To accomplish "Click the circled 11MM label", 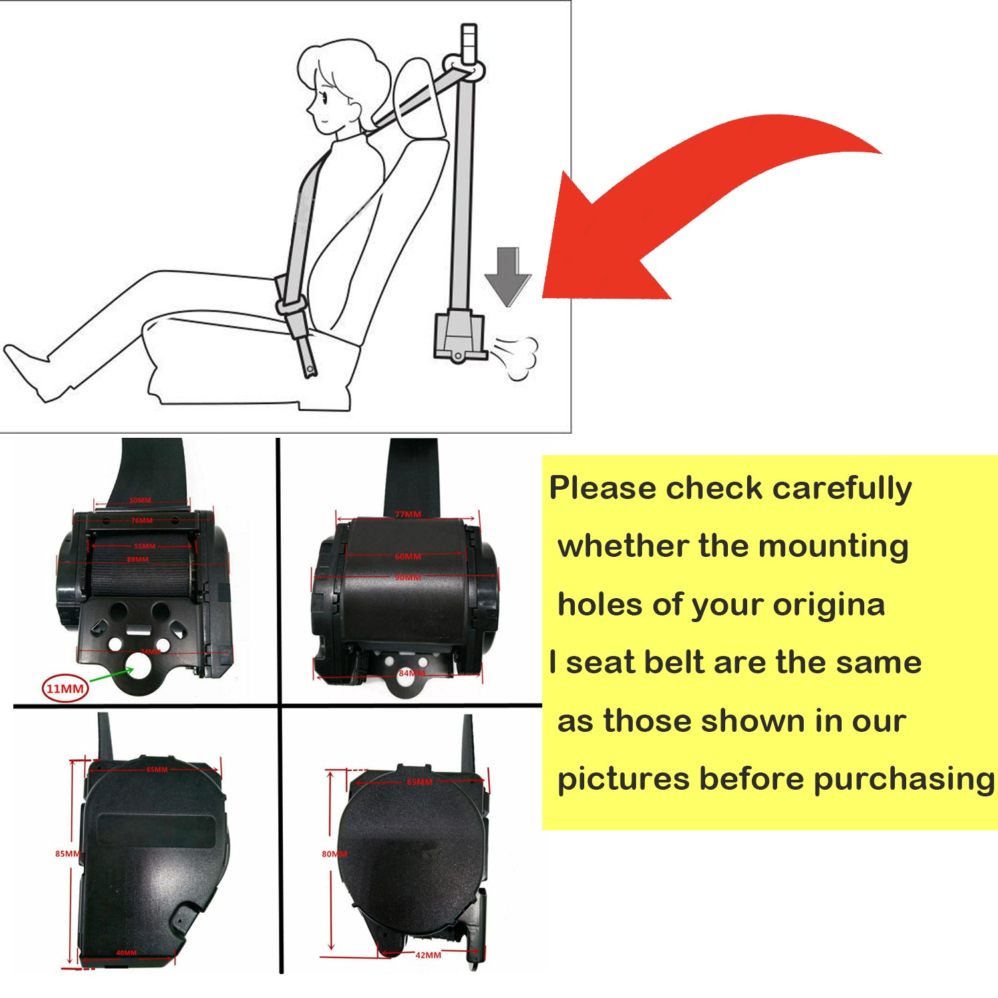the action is pyautogui.click(x=65, y=688).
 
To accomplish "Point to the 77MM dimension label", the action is pyautogui.click(x=408, y=514).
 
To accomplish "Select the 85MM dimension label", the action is pyautogui.click(x=67, y=854).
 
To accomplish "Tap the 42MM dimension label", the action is pyautogui.click(x=428, y=955).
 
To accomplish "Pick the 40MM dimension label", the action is pyautogui.click(x=126, y=953).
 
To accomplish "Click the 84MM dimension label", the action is pyautogui.click(x=411, y=673).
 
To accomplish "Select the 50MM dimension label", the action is pyautogui.click(x=140, y=500).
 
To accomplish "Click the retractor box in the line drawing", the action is pyautogui.click(x=458, y=336).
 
